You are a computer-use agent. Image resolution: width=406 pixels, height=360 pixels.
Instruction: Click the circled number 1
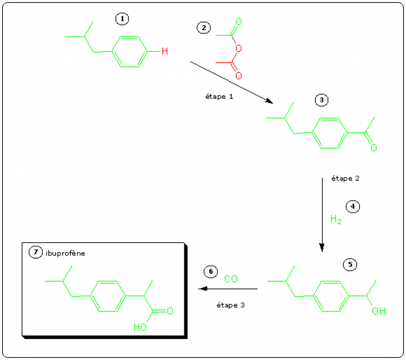(122, 19)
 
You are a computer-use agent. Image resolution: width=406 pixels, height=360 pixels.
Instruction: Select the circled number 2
(204, 28)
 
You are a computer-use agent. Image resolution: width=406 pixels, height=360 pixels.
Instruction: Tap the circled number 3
(321, 100)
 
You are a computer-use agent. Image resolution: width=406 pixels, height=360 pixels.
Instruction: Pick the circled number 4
(353, 206)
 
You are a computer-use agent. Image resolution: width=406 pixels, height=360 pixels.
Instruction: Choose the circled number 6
(210, 272)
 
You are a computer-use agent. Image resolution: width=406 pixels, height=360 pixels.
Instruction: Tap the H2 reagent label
(335, 220)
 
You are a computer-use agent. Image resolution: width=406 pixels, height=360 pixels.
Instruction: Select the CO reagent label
(231, 279)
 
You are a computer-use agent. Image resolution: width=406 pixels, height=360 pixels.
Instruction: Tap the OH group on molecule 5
(378, 311)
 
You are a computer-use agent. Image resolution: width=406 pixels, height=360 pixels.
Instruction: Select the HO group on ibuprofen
(140, 327)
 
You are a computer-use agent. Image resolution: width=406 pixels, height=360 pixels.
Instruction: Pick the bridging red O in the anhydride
(238, 49)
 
